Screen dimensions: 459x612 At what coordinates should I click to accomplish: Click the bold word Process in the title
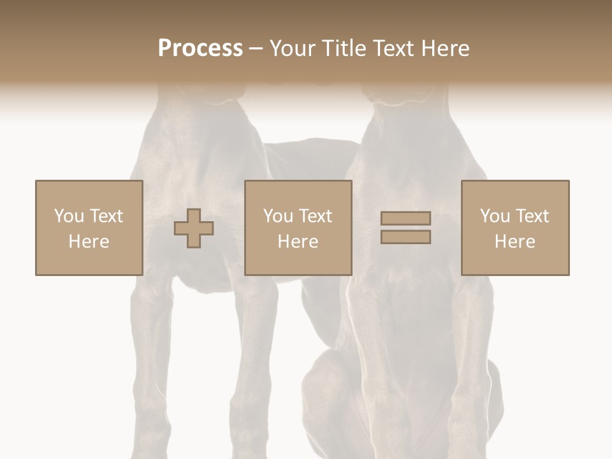[x=200, y=48]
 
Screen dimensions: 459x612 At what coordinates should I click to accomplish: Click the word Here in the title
[x=446, y=48]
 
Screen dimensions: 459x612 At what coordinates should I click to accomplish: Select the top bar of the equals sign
[x=405, y=219]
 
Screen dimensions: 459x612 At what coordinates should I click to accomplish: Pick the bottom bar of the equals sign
[x=405, y=237]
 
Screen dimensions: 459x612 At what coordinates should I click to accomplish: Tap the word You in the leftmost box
[x=68, y=216]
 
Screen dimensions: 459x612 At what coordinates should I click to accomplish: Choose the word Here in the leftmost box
[x=89, y=242]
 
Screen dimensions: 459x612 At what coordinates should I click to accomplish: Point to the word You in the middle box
[x=278, y=216]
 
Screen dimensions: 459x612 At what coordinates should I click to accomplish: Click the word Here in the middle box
[x=298, y=242]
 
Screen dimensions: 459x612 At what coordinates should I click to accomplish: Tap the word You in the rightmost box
[x=495, y=216]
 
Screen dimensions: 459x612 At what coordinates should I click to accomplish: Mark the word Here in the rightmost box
[x=515, y=242]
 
